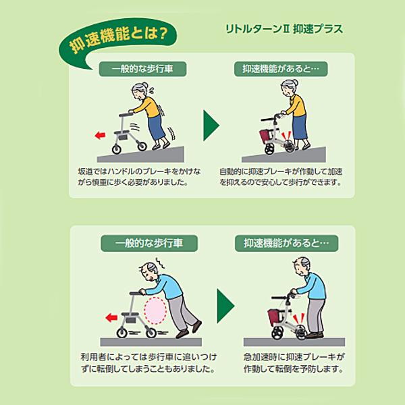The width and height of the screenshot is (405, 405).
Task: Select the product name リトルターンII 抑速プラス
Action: coord(285,29)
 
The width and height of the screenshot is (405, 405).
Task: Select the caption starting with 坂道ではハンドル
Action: coord(133,177)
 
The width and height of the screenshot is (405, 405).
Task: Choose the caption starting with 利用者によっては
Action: coord(147,362)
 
